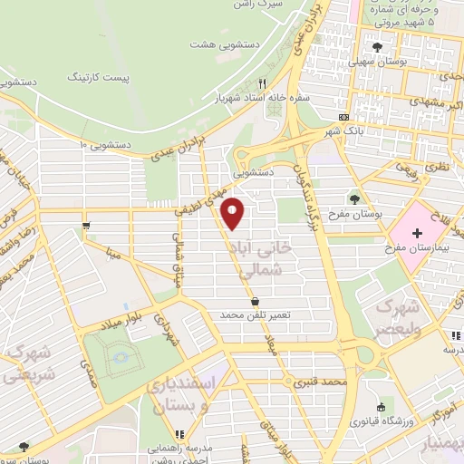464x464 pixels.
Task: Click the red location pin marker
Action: [x=233, y=213]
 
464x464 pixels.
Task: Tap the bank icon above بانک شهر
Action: [x=343, y=118]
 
